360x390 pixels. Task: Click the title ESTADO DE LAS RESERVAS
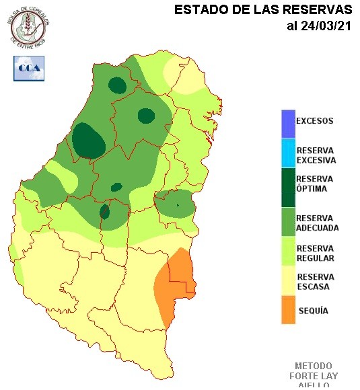click(x=263, y=10)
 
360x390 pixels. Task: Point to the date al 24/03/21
click(x=319, y=26)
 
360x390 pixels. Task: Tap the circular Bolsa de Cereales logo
click(x=29, y=25)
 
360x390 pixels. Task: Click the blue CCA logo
click(x=29, y=68)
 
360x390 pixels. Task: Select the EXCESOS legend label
click(x=314, y=122)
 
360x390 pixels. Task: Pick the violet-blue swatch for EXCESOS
click(x=288, y=124)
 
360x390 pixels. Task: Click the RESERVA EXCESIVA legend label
click(x=316, y=155)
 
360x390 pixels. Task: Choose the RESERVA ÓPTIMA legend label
click(x=315, y=184)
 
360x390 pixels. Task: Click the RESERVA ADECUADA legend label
click(x=317, y=223)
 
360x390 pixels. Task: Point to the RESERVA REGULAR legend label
click(x=315, y=253)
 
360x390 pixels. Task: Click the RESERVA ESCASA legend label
click(x=315, y=281)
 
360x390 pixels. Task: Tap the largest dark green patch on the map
click(x=89, y=141)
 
